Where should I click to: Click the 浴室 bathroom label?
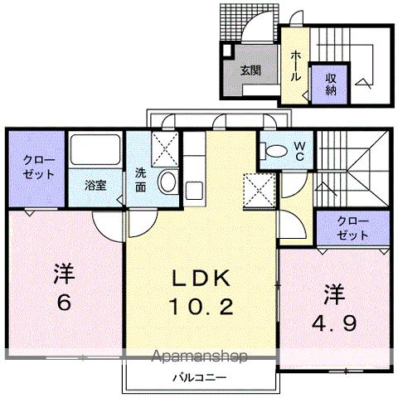(x=95, y=185)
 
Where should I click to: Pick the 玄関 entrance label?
(x=251, y=70)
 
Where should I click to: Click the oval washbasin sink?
(x=167, y=182)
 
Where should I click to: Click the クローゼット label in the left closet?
(x=35, y=167)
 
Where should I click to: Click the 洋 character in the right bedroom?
(x=333, y=293)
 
